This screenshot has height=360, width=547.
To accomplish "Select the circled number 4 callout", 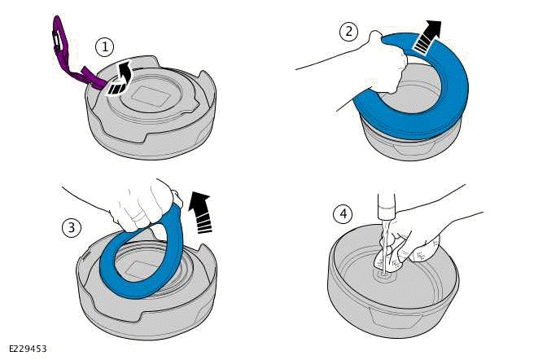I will [344, 215].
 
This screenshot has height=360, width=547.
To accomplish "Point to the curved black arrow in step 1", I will [122, 81].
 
